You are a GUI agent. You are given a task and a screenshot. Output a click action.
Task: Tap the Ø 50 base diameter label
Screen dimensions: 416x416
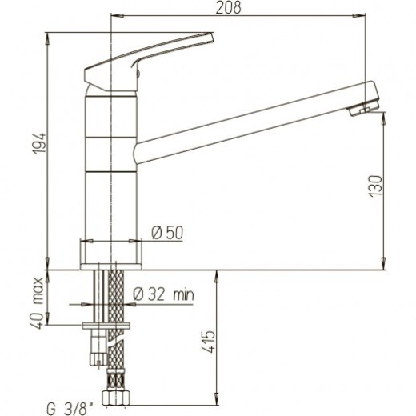(x=168, y=233)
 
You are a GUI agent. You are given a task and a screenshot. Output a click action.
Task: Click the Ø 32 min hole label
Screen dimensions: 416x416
(x=163, y=294)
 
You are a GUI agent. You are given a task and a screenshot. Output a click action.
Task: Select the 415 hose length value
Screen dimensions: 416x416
(x=207, y=343)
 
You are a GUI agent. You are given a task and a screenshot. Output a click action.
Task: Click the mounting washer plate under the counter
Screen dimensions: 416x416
(x=108, y=324)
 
